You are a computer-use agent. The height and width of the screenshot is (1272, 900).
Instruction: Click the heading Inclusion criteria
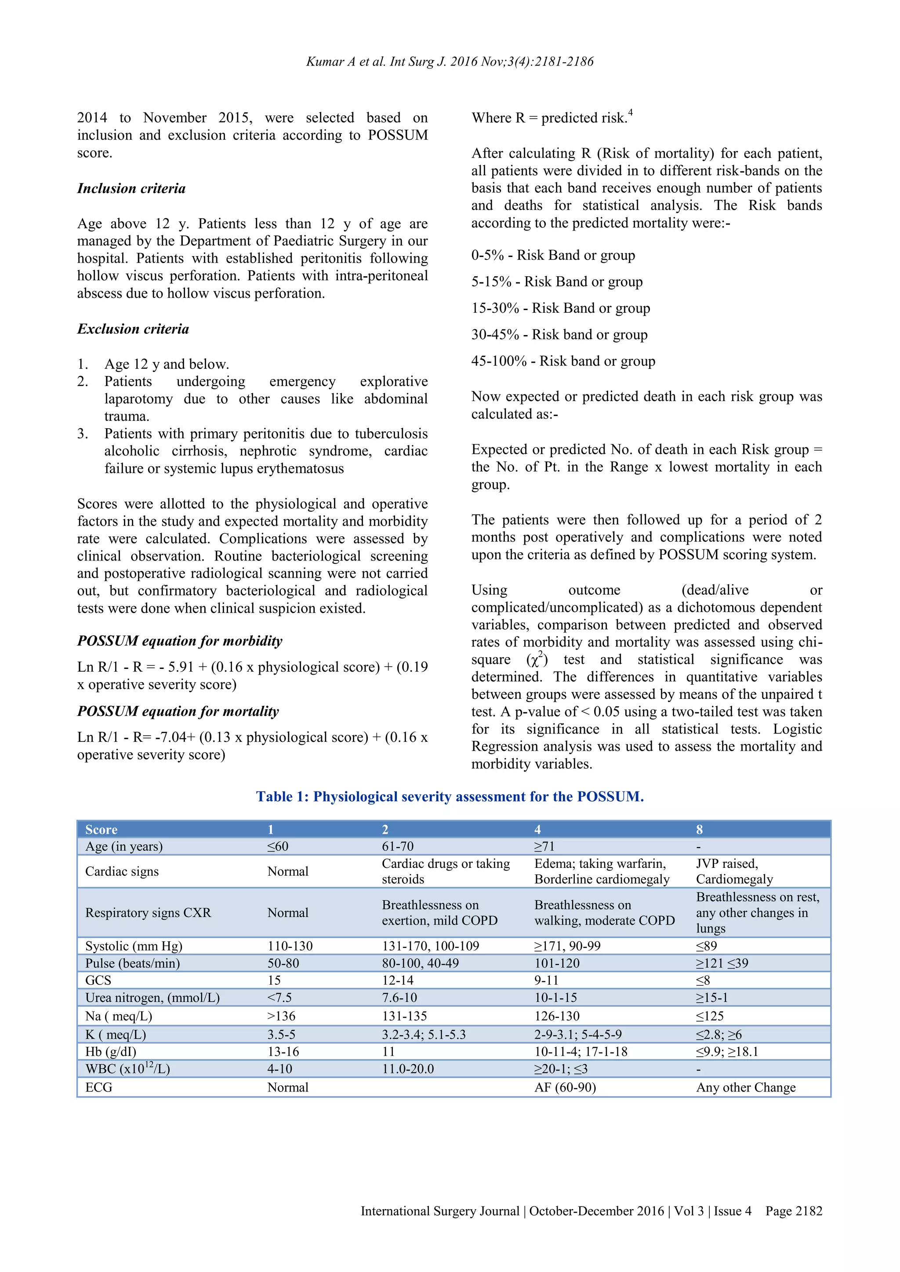pyautogui.click(x=131, y=188)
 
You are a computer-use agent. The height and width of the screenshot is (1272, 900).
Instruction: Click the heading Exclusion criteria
pyautogui.click(x=133, y=329)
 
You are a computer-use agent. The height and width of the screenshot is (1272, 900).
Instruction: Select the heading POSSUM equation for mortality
pyautogui.click(x=178, y=712)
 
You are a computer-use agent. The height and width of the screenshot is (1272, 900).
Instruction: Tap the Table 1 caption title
pyautogui.click(x=450, y=797)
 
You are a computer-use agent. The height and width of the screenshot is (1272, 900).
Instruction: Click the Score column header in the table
pyautogui.click(x=102, y=829)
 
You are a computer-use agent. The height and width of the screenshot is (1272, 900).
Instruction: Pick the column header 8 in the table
pyautogui.click(x=699, y=829)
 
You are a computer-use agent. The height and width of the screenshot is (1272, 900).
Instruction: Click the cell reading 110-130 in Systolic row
pyautogui.click(x=290, y=946)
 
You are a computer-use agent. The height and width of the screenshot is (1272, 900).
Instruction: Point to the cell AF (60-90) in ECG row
pyautogui.click(x=565, y=1087)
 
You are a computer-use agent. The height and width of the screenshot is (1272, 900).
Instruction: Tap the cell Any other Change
pyautogui.click(x=745, y=1087)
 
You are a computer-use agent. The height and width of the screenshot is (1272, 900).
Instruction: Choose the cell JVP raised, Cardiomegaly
pyautogui.click(x=734, y=871)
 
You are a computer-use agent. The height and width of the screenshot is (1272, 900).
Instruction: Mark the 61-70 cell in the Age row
pyautogui.click(x=397, y=846)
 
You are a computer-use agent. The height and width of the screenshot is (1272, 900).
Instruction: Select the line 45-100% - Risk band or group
pyautogui.click(x=563, y=361)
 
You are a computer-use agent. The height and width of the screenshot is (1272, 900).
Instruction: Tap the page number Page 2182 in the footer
pyautogui.click(x=794, y=1211)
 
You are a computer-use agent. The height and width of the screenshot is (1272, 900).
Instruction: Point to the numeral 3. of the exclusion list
pyautogui.click(x=83, y=434)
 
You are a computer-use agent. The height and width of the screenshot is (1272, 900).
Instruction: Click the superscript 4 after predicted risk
pyautogui.click(x=631, y=112)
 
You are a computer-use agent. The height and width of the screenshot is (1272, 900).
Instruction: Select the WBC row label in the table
pyautogui.click(x=127, y=1069)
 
